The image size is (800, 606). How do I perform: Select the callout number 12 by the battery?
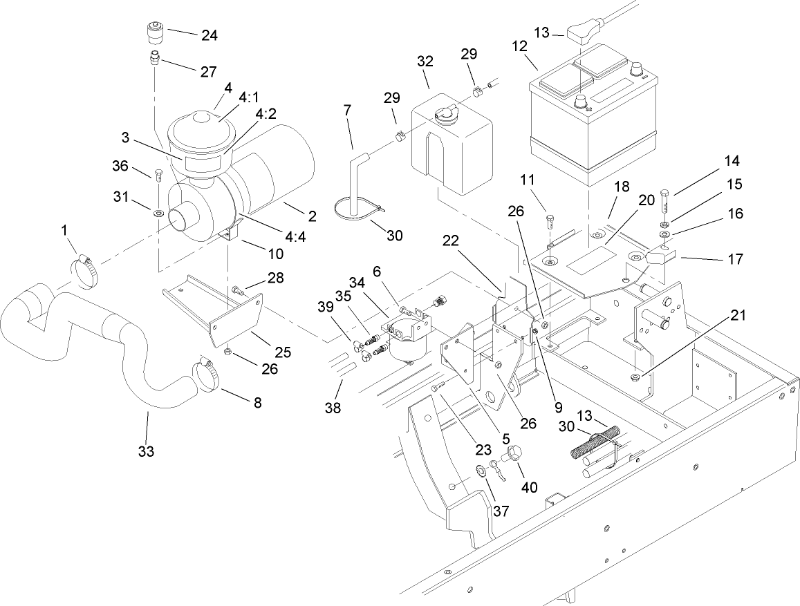coord(519,47)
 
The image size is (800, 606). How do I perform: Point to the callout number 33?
coord(146,452)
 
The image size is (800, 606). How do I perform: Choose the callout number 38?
coord(333,408)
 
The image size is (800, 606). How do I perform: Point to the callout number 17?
coord(734,259)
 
